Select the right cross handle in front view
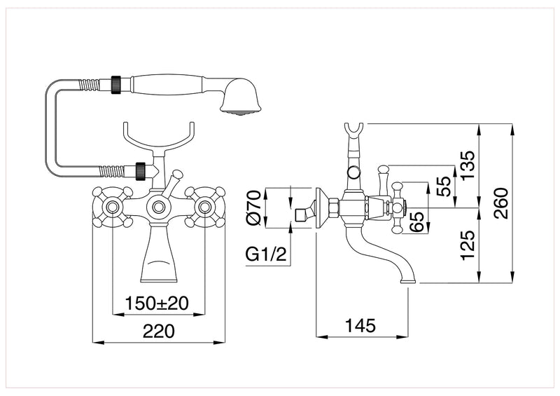205,207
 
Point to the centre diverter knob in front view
159,207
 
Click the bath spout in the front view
159,256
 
